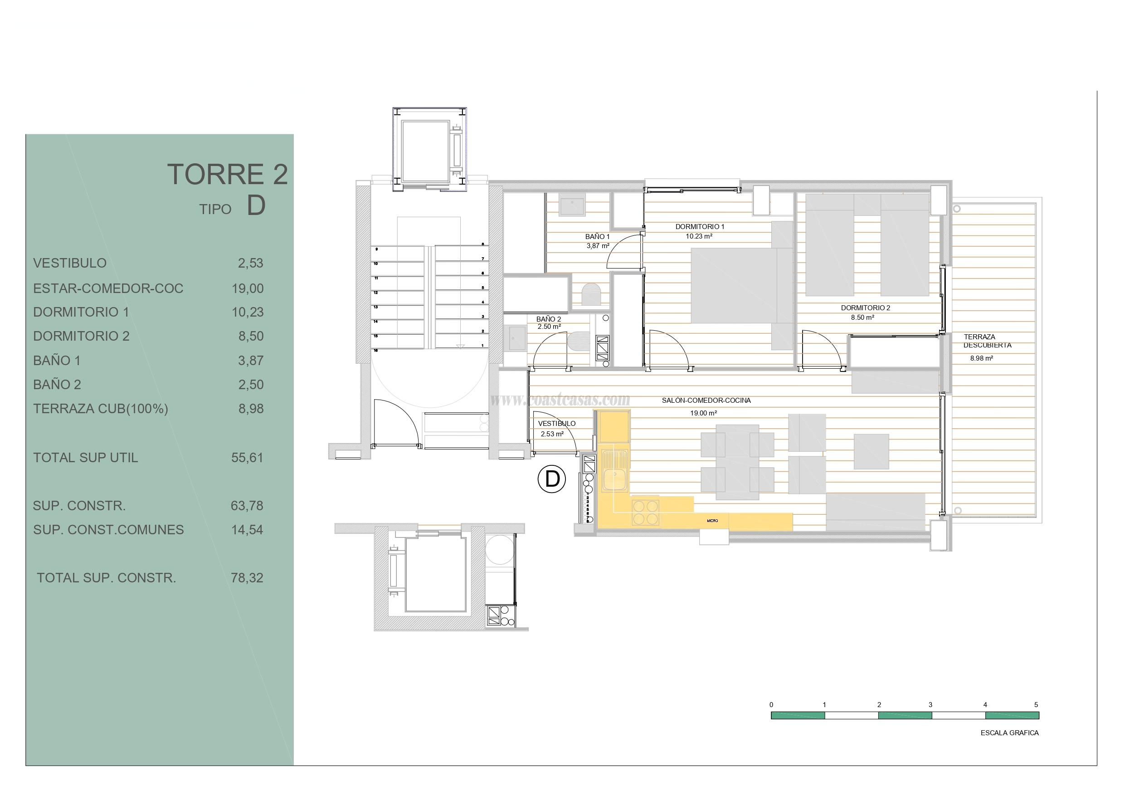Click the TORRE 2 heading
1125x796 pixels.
[x=227, y=175]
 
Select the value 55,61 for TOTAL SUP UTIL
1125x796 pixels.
[x=247, y=458]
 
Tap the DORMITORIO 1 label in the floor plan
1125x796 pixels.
[x=700, y=226]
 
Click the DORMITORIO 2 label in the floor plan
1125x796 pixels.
[x=865, y=308]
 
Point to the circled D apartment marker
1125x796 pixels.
[x=552, y=479]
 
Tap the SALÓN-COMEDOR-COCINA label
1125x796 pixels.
[x=706, y=400]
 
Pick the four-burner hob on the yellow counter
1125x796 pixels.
[x=645, y=512]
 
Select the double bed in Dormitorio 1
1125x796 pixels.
[x=734, y=285]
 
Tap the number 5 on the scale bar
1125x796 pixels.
[x=1036, y=705]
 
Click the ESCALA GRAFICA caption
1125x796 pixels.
[x=1009, y=733]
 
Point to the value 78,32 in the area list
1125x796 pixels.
[x=247, y=578]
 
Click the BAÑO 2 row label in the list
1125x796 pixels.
[x=57, y=385]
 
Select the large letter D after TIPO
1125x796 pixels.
[x=256, y=206]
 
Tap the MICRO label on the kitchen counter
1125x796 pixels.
[x=712, y=521]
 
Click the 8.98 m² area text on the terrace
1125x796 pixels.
[x=981, y=358]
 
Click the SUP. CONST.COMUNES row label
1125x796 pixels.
[x=108, y=530]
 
